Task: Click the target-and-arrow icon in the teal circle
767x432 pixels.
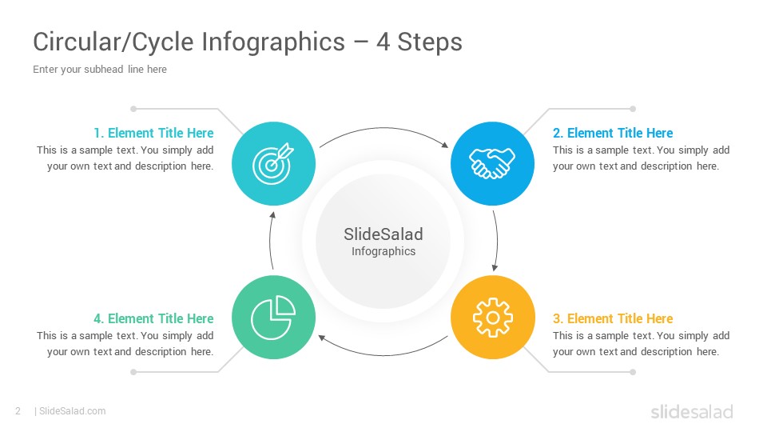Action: [x=273, y=163]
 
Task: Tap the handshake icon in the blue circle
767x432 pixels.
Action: [x=492, y=163]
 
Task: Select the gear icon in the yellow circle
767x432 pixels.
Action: [x=493, y=318]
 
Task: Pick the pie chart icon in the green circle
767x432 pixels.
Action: [x=273, y=318]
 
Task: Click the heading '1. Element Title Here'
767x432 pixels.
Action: [x=153, y=133]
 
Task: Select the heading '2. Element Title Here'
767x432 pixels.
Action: [x=613, y=133]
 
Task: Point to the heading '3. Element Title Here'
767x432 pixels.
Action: [x=613, y=318]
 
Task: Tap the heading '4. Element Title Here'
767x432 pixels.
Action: [x=153, y=318]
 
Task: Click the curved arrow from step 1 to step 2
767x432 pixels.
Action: [x=383, y=128]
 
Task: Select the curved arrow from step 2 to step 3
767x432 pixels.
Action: [x=498, y=240]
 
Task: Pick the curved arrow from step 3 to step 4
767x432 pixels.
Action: [x=383, y=355]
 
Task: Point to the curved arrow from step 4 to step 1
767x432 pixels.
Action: [x=270, y=240]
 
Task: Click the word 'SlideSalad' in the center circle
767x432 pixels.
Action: [x=383, y=234]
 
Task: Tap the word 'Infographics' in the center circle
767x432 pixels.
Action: [x=383, y=251]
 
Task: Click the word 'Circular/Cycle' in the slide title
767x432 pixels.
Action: [x=113, y=42]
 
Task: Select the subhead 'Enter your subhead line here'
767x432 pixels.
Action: [x=100, y=69]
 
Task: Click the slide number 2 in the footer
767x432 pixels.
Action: [x=18, y=411]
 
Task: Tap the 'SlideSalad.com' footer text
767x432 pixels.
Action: [x=73, y=411]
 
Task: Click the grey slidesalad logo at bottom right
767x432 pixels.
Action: [x=692, y=411]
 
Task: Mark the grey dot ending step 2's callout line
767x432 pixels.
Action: [x=633, y=109]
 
